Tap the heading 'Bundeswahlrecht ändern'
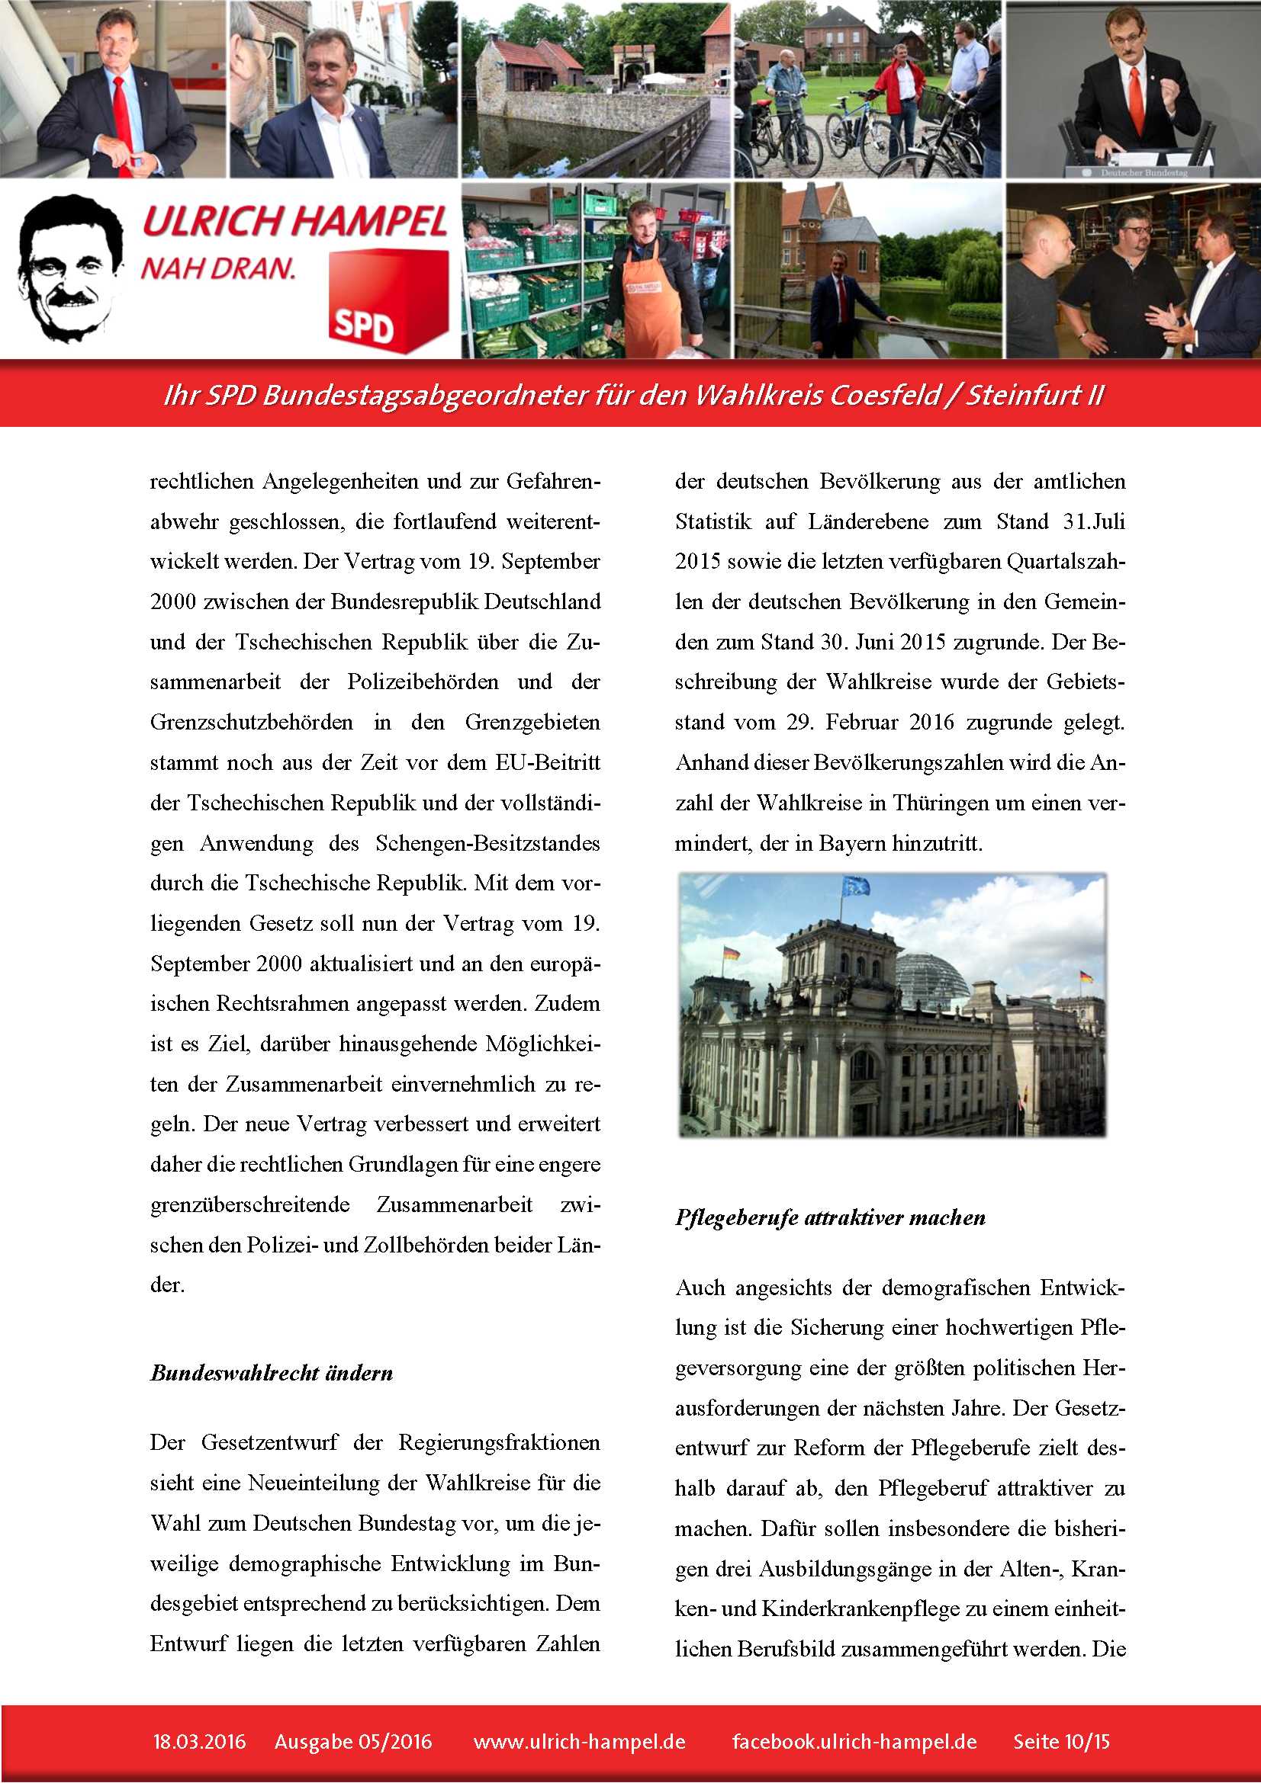pos(271,1373)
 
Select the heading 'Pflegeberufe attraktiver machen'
pos(830,1217)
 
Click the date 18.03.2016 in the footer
pos(200,1742)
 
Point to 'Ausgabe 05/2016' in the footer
pos(352,1742)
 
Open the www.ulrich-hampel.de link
pos(579,1742)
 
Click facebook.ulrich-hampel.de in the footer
pos(854,1742)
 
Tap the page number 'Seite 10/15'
pos(1061,1742)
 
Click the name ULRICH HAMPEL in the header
pos(294,222)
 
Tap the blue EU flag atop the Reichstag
pos(855,886)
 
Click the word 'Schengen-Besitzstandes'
pos(487,843)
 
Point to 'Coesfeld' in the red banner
pos(886,396)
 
